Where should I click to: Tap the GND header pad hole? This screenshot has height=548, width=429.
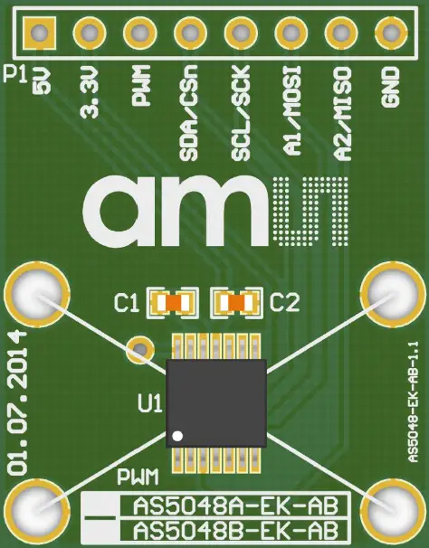391,34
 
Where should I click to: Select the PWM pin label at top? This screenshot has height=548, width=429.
141,90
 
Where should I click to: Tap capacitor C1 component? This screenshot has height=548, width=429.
172,301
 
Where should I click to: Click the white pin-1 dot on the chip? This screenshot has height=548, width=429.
179,436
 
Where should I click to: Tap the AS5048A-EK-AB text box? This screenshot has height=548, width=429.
230,505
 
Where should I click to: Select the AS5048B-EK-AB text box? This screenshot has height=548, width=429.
230,528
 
